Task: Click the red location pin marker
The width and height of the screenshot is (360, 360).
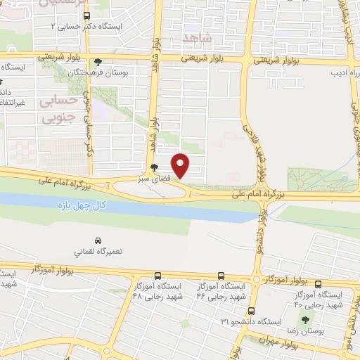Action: pyautogui.click(x=181, y=165)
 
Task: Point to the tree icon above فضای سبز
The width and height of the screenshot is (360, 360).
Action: pyautogui.click(x=153, y=167)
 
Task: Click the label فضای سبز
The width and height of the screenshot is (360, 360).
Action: pyautogui.click(x=154, y=178)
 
